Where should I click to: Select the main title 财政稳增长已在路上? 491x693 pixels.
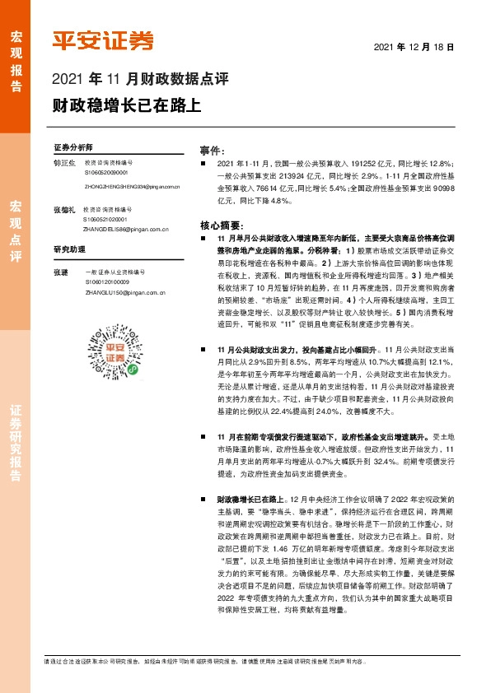point(126,105)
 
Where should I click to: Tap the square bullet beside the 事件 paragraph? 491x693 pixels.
point(204,165)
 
